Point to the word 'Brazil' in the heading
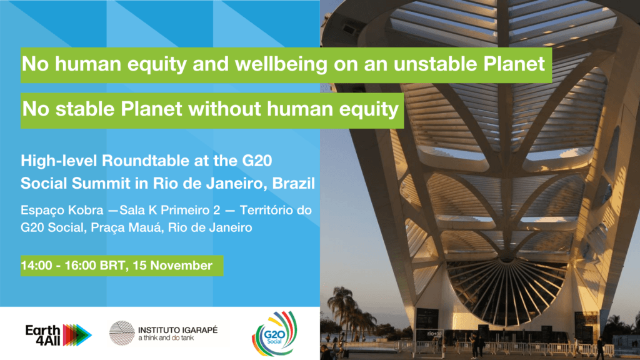coord(294,183)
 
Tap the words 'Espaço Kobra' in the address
coord(62,211)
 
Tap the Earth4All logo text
coord(43,335)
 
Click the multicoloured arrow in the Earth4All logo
coord(77,335)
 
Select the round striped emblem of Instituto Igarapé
coord(122,333)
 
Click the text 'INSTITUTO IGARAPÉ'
coord(178,330)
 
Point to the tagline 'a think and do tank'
coord(166,338)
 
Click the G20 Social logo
coord(274,334)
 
